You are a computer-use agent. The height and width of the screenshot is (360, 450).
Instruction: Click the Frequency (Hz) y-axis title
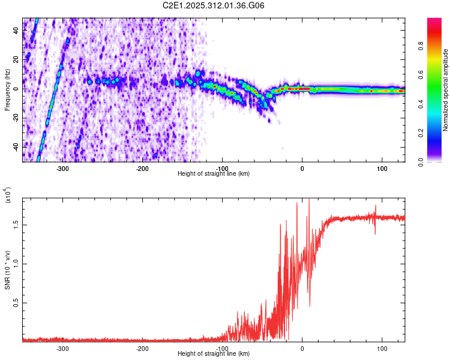click(x=7, y=90)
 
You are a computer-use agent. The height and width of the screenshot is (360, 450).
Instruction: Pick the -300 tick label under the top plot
click(x=63, y=169)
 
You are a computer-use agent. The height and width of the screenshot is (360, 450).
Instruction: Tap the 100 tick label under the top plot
click(x=382, y=169)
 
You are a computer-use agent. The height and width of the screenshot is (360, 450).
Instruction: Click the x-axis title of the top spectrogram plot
click(x=214, y=174)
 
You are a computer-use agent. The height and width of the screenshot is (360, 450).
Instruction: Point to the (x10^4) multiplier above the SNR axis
click(x=7, y=196)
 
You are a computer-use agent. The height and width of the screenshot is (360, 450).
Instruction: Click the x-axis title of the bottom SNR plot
click(x=214, y=353)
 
